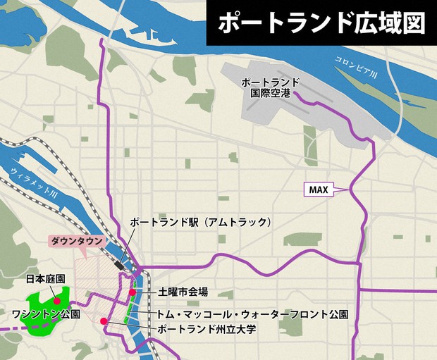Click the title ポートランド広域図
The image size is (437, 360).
[321, 23]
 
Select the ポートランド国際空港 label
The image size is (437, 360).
[271, 87]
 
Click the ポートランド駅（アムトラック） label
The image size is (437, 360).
[200, 222]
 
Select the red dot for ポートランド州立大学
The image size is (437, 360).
[104, 322]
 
